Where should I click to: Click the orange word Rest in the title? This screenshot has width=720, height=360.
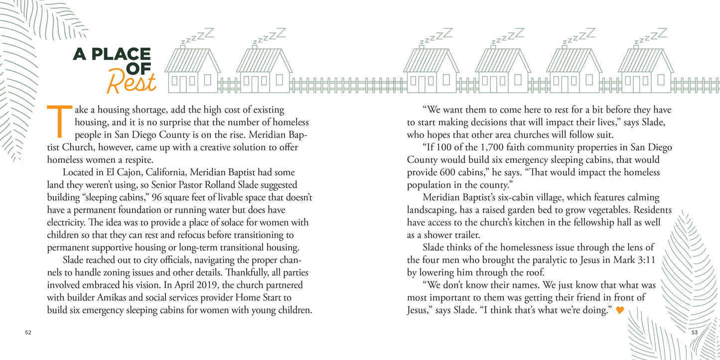pyautogui.click(x=132, y=82)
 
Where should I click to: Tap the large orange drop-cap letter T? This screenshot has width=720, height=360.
pyautogui.click(x=58, y=121)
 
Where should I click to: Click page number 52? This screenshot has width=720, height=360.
pyautogui.click(x=28, y=333)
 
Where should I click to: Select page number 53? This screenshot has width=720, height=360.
pyautogui.click(x=694, y=333)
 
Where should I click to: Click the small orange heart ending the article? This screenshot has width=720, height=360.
pyautogui.click(x=620, y=310)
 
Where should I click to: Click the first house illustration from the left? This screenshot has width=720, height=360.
pyautogui.click(x=192, y=70)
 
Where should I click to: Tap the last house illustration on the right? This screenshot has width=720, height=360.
pyautogui.click(x=645, y=70)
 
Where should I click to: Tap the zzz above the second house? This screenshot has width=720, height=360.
pyautogui.click(x=269, y=35)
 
